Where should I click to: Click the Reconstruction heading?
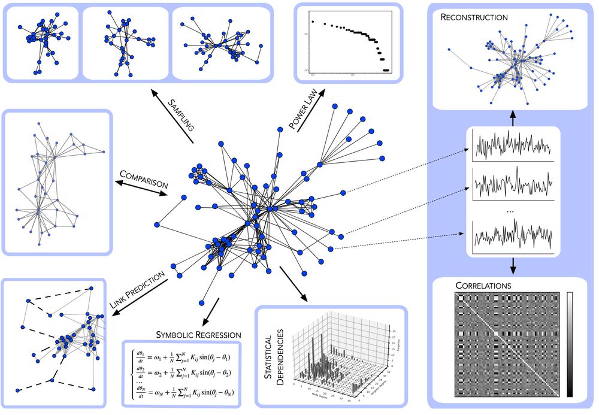pos(474,17)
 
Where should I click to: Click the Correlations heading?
pos(475,286)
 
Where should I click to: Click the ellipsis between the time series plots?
pos(512,211)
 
